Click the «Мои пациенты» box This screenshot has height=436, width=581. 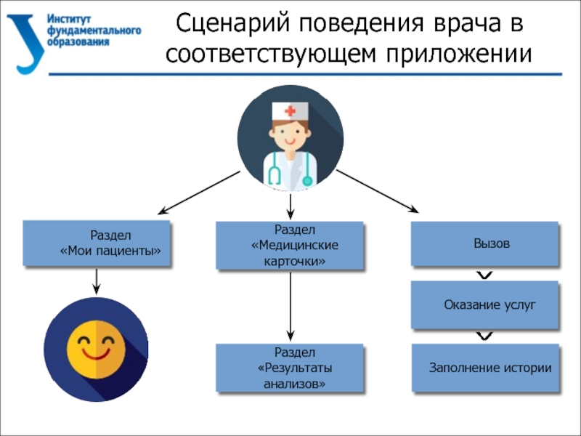[x=97, y=243]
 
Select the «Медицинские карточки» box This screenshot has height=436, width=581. [x=290, y=245]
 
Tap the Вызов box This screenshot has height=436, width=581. [x=485, y=243]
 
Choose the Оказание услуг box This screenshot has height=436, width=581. [x=485, y=305]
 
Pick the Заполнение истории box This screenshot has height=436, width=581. [x=485, y=368]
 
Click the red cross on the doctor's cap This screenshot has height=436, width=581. [x=290, y=111]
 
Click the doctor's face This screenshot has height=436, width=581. [x=290, y=133]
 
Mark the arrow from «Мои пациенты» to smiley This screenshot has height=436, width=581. [x=97, y=281]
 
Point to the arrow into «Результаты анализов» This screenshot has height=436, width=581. [x=290, y=305]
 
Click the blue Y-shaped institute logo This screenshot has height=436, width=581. [x=25, y=40]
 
